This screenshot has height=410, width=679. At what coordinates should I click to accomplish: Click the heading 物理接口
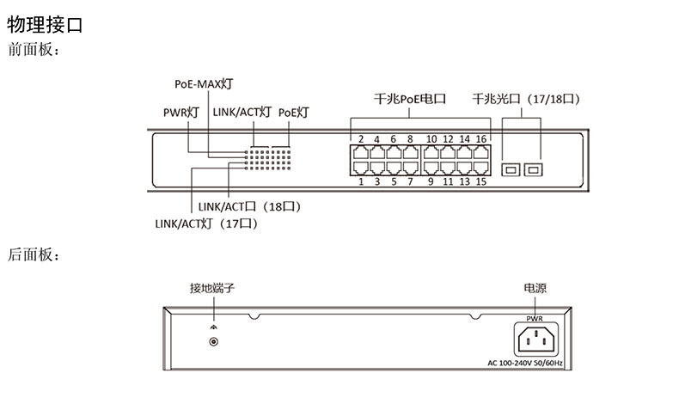pyautogui.click(x=45, y=25)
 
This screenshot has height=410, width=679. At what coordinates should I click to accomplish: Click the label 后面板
pyautogui.click(x=33, y=254)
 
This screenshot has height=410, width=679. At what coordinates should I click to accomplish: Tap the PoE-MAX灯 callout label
pyautogui.click(x=203, y=83)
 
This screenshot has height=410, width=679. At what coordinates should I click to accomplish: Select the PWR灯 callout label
pyautogui.click(x=180, y=112)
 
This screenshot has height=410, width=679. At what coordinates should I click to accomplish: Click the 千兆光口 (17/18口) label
pyautogui.click(x=523, y=99)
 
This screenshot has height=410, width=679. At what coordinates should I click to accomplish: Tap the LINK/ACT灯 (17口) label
pyautogui.click(x=206, y=223)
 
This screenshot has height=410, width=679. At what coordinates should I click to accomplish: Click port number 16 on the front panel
pyautogui.click(x=481, y=139)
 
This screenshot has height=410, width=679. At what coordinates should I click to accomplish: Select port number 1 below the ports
pyautogui.click(x=361, y=181)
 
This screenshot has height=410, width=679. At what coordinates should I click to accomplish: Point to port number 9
pyautogui.click(x=431, y=181)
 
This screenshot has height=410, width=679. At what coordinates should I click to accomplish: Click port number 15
pyautogui.click(x=481, y=181)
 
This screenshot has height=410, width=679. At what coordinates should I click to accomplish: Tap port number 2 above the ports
pyautogui.click(x=361, y=139)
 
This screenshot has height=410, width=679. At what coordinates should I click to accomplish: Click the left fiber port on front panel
pyautogui.click(x=511, y=168)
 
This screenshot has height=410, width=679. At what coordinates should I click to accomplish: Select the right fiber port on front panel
pyautogui.click(x=534, y=168)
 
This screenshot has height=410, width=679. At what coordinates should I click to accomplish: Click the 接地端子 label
pyautogui.click(x=212, y=288)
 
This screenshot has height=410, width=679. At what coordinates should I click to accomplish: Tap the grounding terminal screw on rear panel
pyautogui.click(x=213, y=341)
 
